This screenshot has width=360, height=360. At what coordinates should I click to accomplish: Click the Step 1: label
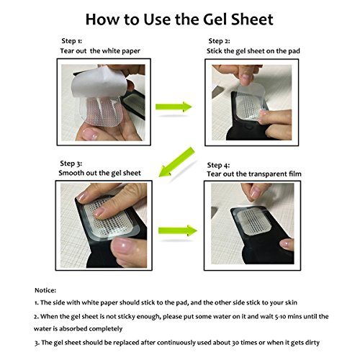click(x=71, y=41)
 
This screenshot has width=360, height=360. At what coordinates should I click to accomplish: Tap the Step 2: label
click(x=219, y=41)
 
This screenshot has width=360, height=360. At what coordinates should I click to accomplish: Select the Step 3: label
click(x=71, y=163)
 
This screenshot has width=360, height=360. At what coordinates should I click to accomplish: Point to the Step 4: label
click(x=218, y=166)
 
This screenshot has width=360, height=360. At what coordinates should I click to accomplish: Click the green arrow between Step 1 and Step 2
click(x=174, y=107)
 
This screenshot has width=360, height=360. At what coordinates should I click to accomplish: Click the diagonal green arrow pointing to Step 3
click(x=177, y=162)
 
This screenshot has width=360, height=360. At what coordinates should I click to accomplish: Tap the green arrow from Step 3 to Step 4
click(x=178, y=230)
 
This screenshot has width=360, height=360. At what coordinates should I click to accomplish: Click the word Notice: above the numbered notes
click(x=45, y=290)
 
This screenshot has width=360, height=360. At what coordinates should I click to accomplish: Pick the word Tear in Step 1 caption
click(x=66, y=51)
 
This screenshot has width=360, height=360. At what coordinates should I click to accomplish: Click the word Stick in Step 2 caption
click(x=215, y=51)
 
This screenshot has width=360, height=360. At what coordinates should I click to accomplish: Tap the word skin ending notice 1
click(x=291, y=302)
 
